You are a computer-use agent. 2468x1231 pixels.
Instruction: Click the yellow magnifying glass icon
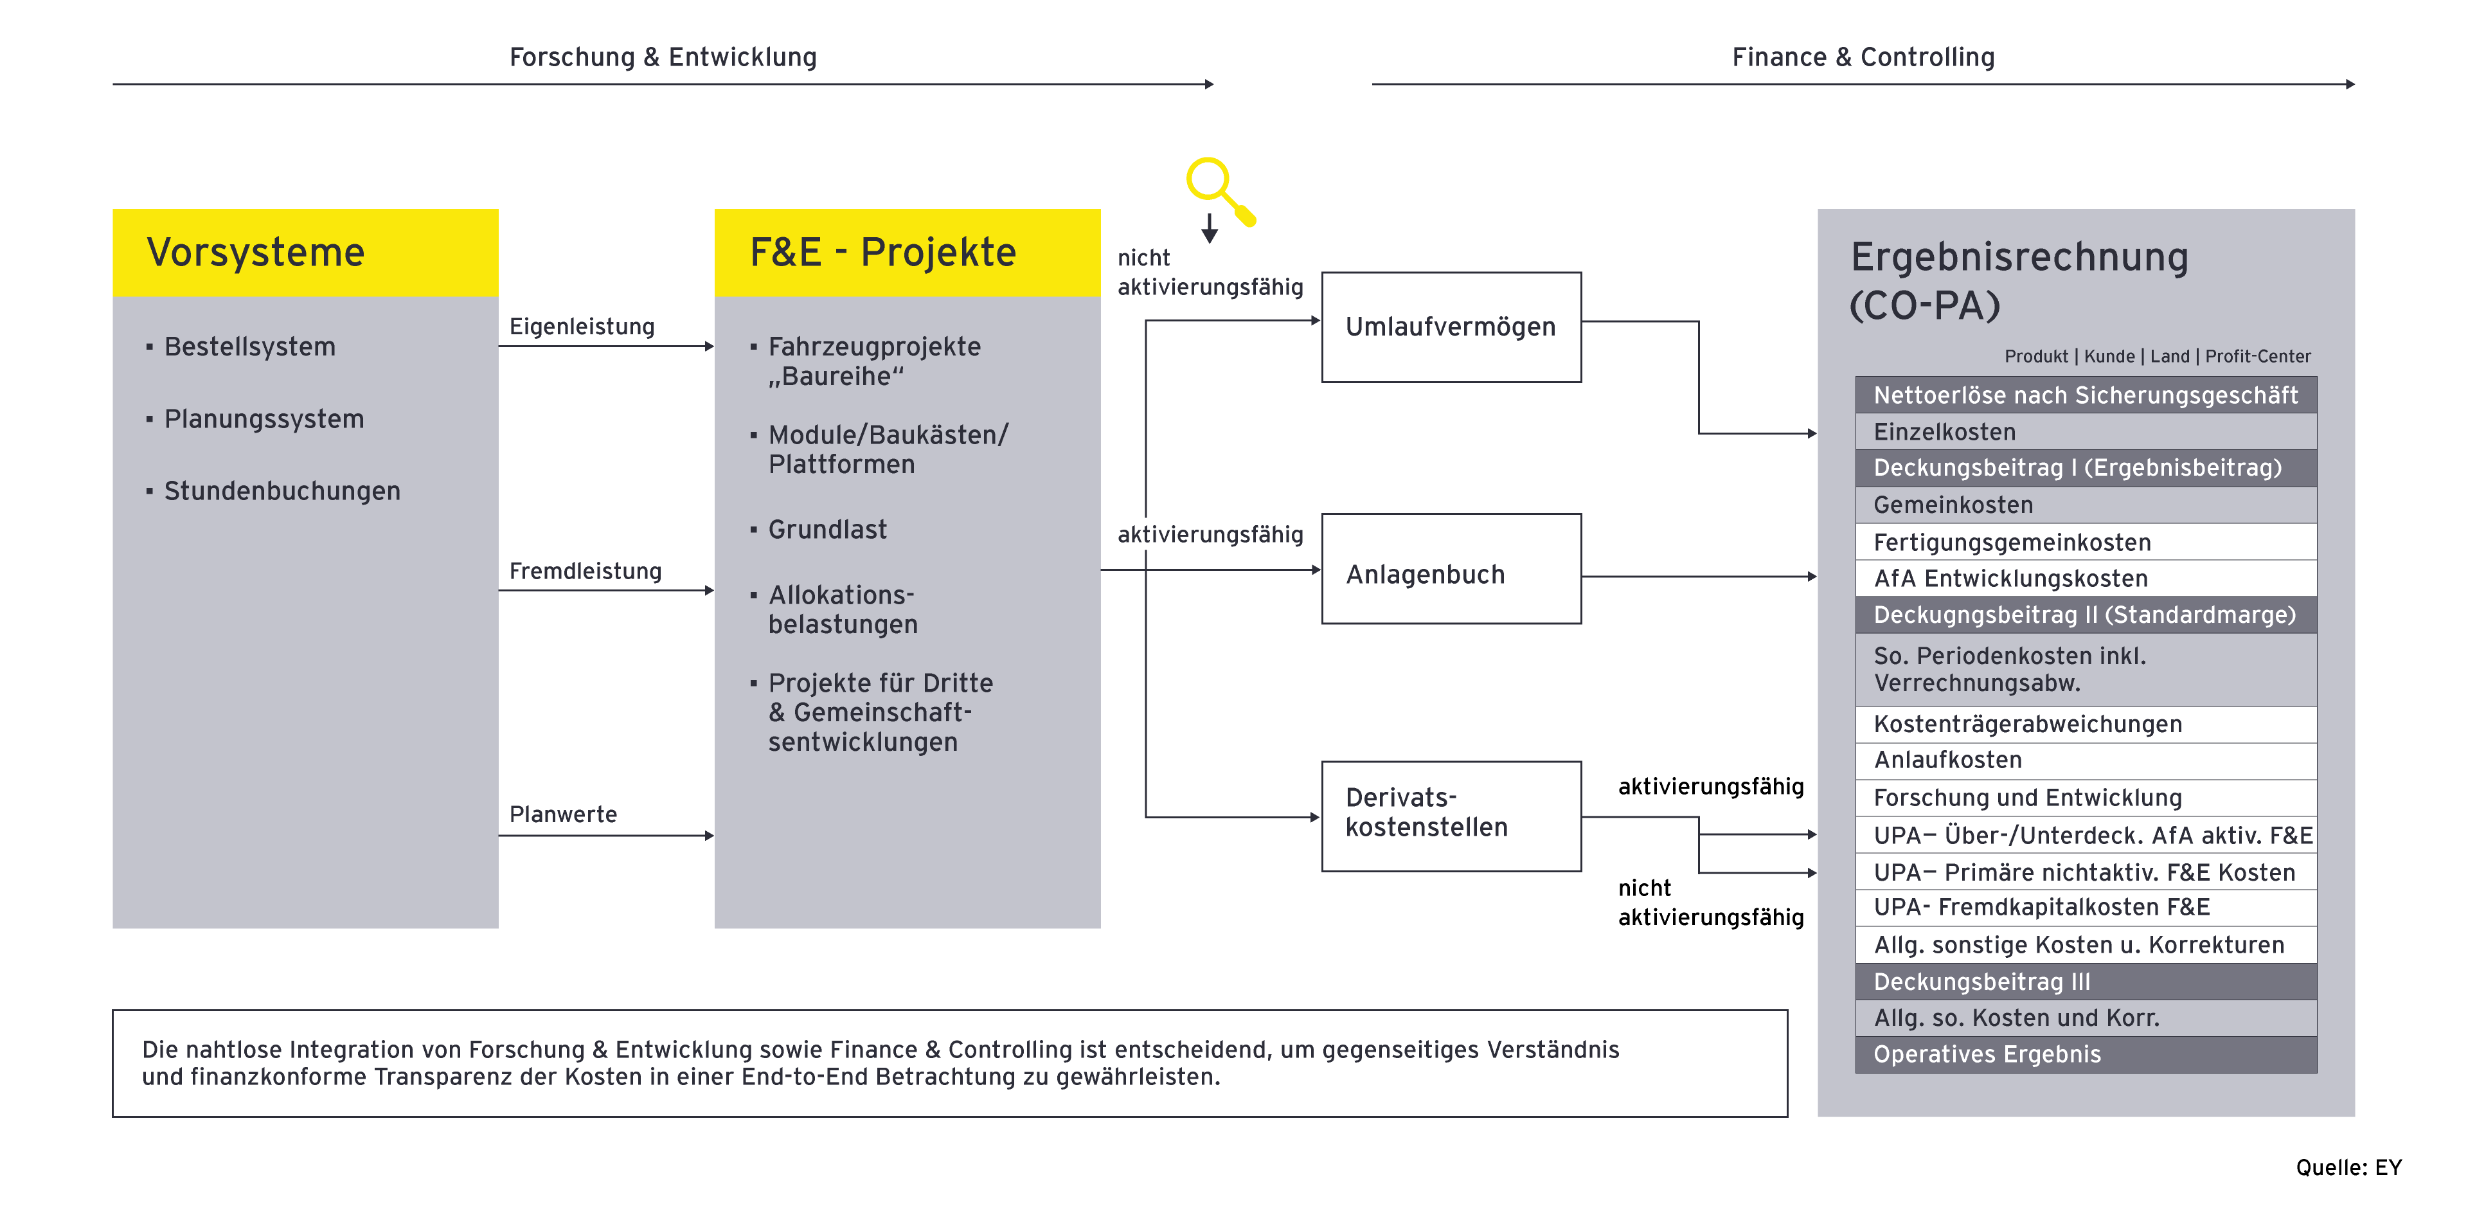[x=1219, y=190]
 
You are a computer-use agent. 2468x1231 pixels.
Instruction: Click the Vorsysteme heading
[x=256, y=253]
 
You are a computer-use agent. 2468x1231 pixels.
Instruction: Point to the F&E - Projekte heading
[x=882, y=253]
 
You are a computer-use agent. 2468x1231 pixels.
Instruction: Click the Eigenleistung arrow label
[x=582, y=327]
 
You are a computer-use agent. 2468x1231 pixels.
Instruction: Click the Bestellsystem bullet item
[x=249, y=346]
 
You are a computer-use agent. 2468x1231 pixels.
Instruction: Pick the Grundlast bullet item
[x=827, y=530]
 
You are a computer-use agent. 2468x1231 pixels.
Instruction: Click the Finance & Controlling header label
[x=1863, y=57]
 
